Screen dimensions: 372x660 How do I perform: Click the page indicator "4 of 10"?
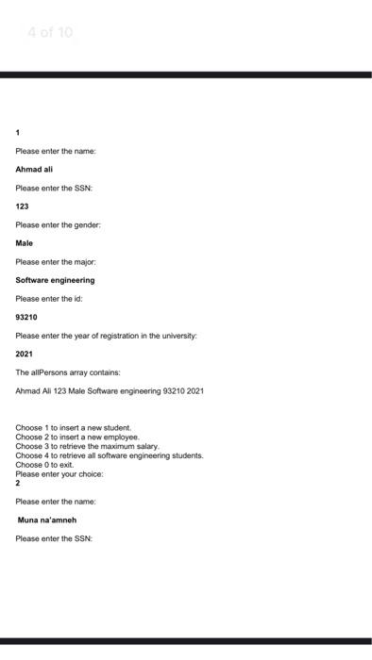[x=49, y=33]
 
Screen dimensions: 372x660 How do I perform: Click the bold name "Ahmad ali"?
[x=34, y=170]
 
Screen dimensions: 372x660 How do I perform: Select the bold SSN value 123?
[x=22, y=206]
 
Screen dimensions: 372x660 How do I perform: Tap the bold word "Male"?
[x=25, y=243]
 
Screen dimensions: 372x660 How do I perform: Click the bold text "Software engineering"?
[x=55, y=280]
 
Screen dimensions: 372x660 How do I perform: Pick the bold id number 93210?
[x=26, y=318]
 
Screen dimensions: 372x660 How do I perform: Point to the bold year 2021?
[x=25, y=355]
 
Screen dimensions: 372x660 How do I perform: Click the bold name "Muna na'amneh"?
[x=47, y=520]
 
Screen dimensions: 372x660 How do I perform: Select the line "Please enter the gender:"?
[x=58, y=225]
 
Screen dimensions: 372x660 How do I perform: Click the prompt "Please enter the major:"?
[x=56, y=262]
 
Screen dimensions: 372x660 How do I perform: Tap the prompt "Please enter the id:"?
[x=49, y=299]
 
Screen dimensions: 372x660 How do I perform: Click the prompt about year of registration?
[x=106, y=336]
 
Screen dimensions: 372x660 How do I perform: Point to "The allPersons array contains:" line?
[x=68, y=372]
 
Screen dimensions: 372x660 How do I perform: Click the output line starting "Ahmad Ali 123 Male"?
[x=110, y=390]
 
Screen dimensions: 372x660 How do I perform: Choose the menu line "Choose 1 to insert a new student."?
[x=74, y=428]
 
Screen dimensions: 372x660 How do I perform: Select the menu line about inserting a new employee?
[x=77, y=437]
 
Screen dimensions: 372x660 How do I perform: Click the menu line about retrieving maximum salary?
[x=88, y=446]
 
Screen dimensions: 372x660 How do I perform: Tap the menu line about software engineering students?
[x=110, y=455]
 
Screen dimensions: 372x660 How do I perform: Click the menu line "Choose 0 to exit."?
[x=44, y=465]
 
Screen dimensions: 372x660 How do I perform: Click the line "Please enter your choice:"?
[x=59, y=473]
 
